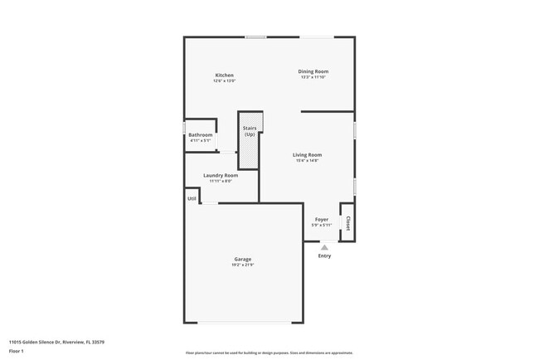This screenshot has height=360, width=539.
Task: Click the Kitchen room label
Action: (x=224, y=75)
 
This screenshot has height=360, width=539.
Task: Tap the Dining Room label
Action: (x=313, y=71)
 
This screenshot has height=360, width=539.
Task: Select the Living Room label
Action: (x=307, y=155)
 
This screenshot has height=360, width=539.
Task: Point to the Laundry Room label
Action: (x=221, y=175)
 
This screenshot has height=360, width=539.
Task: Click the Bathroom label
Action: (x=200, y=135)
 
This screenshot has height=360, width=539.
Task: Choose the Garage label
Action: (x=242, y=259)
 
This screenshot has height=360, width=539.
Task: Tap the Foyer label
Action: (x=321, y=220)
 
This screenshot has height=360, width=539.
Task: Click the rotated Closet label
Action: (x=348, y=223)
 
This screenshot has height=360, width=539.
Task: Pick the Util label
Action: (x=192, y=198)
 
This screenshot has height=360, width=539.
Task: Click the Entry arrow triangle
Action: (x=324, y=246)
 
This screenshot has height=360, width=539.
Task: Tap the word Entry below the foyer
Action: (x=324, y=255)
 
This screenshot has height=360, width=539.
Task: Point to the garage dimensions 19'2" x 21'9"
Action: (x=242, y=265)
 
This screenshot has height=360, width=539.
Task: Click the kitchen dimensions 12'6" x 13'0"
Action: (x=224, y=81)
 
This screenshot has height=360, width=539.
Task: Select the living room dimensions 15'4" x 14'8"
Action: (x=307, y=161)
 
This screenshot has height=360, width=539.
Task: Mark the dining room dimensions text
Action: (x=313, y=77)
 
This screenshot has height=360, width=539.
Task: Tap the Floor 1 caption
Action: (x=17, y=351)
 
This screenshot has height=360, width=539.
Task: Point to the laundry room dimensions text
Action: (x=221, y=181)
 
